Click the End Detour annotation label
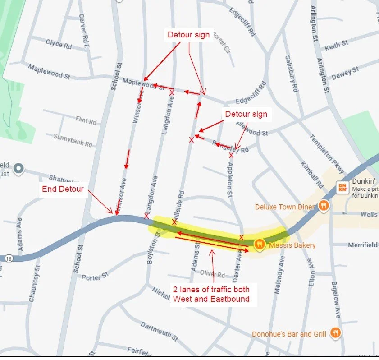62,189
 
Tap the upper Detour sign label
188,35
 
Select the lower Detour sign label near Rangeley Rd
246,115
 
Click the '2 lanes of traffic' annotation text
211,294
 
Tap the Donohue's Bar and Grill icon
335,333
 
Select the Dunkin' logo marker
342,187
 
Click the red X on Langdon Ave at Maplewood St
172,92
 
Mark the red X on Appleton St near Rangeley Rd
231,155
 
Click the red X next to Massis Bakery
241,237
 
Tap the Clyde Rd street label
59,44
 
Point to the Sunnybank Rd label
73,140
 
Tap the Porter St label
95,275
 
